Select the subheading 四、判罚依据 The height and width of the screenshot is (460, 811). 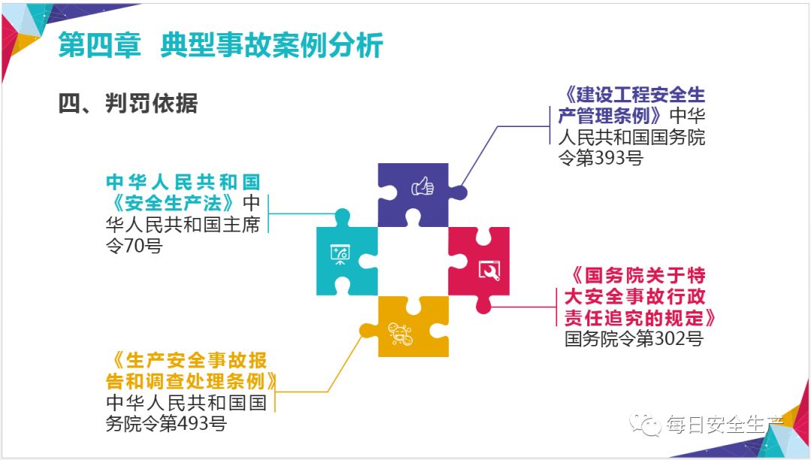[x=128, y=104]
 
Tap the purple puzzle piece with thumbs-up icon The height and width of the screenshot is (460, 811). [x=413, y=192]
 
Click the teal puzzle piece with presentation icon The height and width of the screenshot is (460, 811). [x=342, y=256]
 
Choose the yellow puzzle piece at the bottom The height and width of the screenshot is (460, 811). [x=405, y=328]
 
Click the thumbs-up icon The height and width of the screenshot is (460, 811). [x=423, y=186]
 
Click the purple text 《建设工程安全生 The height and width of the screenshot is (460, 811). [x=635, y=95]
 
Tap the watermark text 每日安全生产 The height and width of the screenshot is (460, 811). [x=725, y=425]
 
